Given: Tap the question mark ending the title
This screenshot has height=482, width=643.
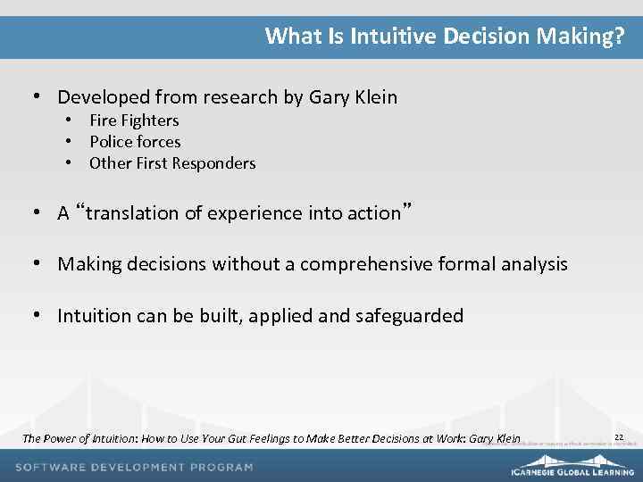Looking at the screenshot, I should click(x=619, y=37).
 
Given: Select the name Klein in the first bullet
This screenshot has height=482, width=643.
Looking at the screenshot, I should click(x=373, y=97).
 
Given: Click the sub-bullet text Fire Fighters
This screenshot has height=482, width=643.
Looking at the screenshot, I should click(x=134, y=120).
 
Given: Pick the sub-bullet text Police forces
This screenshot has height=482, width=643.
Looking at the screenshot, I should click(x=135, y=142).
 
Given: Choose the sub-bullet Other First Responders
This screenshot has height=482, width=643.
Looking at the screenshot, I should click(x=172, y=163).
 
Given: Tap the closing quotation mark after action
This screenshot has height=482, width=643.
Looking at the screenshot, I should click(x=406, y=209).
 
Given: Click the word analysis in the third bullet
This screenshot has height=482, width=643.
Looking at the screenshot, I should click(x=533, y=264).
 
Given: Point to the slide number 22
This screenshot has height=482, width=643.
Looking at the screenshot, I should click(x=618, y=436).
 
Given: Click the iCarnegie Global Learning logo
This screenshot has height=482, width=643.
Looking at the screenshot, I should click(x=572, y=470).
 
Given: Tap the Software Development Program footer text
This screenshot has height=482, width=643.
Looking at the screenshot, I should click(x=134, y=467).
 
